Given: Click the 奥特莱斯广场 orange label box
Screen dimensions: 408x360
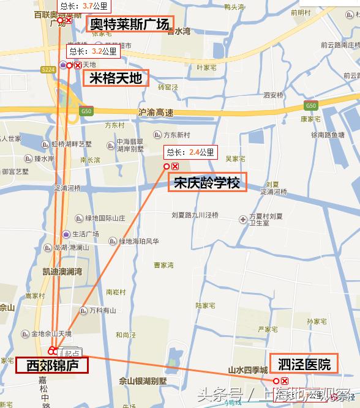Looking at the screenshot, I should click(x=129, y=24).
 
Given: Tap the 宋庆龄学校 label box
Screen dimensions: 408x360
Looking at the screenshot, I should click(x=207, y=182).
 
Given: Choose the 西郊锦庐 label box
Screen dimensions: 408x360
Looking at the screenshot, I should click(x=52, y=366).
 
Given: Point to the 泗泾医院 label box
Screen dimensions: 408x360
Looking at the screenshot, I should click(x=304, y=364).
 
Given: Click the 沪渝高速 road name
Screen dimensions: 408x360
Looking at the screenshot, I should click(x=156, y=112).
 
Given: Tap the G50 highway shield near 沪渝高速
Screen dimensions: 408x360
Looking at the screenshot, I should click(x=86, y=111).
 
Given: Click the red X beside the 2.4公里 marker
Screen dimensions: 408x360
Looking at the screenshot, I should click(x=175, y=166).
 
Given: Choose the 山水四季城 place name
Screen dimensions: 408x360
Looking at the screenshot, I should click(x=248, y=370).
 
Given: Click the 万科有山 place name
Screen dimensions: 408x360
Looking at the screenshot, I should click(x=102, y=310).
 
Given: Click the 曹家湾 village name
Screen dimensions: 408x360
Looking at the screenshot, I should click(x=163, y=265).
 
